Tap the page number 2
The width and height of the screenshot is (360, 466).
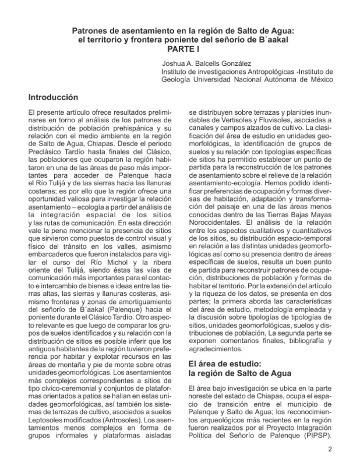(330, 449)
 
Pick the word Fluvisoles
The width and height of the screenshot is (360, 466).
(278, 121)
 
